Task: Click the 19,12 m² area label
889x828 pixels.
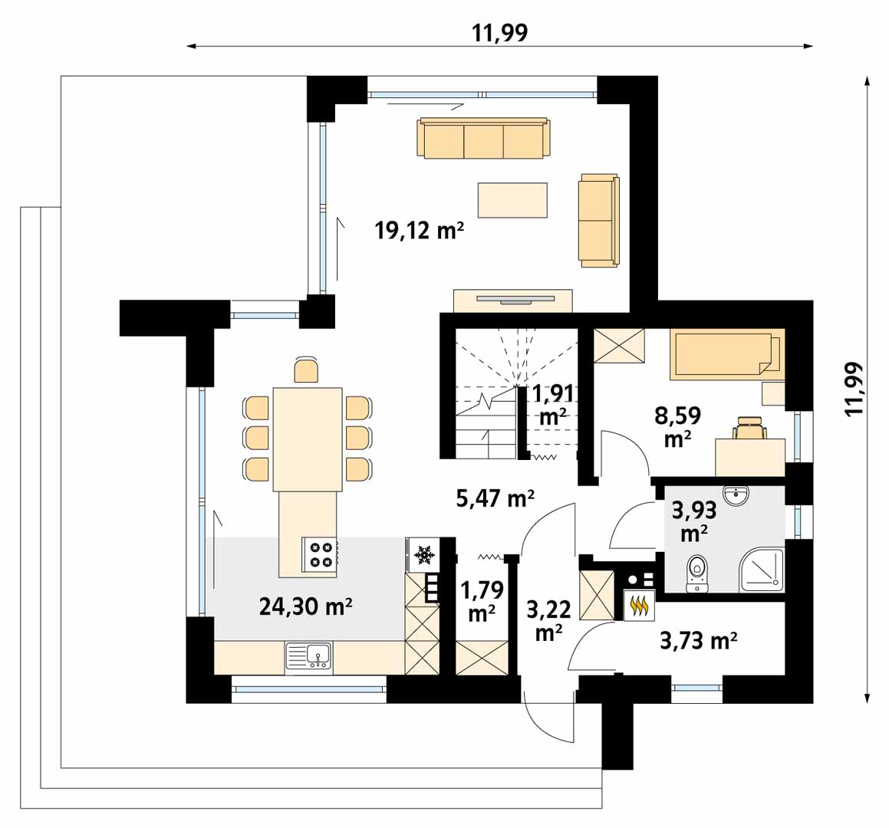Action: [420, 231]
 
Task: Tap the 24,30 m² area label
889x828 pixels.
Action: [305, 607]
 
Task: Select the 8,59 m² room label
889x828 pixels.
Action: [677, 427]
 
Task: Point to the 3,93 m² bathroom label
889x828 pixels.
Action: [694, 521]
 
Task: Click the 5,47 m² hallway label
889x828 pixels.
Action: [495, 498]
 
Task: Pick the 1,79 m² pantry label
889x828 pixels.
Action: [482, 601]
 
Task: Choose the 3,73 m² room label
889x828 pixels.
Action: [699, 641]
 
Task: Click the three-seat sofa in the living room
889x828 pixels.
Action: [484, 138]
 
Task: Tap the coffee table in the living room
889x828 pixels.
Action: [512, 200]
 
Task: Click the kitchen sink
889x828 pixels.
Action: [309, 657]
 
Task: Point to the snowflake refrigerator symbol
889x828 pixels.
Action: [423, 554]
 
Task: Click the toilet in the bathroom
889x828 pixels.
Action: [696, 573]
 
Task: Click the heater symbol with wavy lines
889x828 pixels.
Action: [640, 605]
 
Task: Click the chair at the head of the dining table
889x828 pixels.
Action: [306, 370]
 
